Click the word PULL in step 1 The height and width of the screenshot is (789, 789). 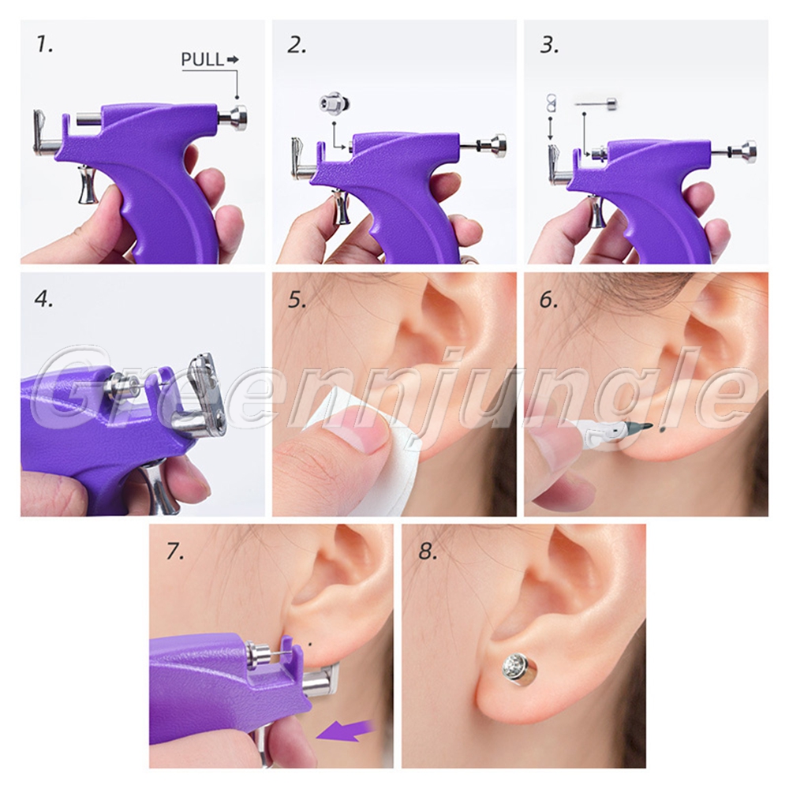click(x=202, y=59)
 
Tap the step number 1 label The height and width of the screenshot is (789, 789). click(x=44, y=45)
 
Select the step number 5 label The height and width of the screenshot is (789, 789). click(x=297, y=299)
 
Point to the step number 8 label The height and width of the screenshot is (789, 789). click(x=428, y=552)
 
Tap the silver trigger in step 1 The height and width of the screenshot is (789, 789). click(x=88, y=185)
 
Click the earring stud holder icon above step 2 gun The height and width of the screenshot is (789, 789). click(x=334, y=104)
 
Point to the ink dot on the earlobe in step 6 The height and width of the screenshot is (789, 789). click(x=662, y=429)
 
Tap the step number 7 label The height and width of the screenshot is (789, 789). click(x=175, y=552)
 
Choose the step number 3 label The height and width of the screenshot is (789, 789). click(x=549, y=45)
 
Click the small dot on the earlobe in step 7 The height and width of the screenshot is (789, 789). click(x=310, y=643)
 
